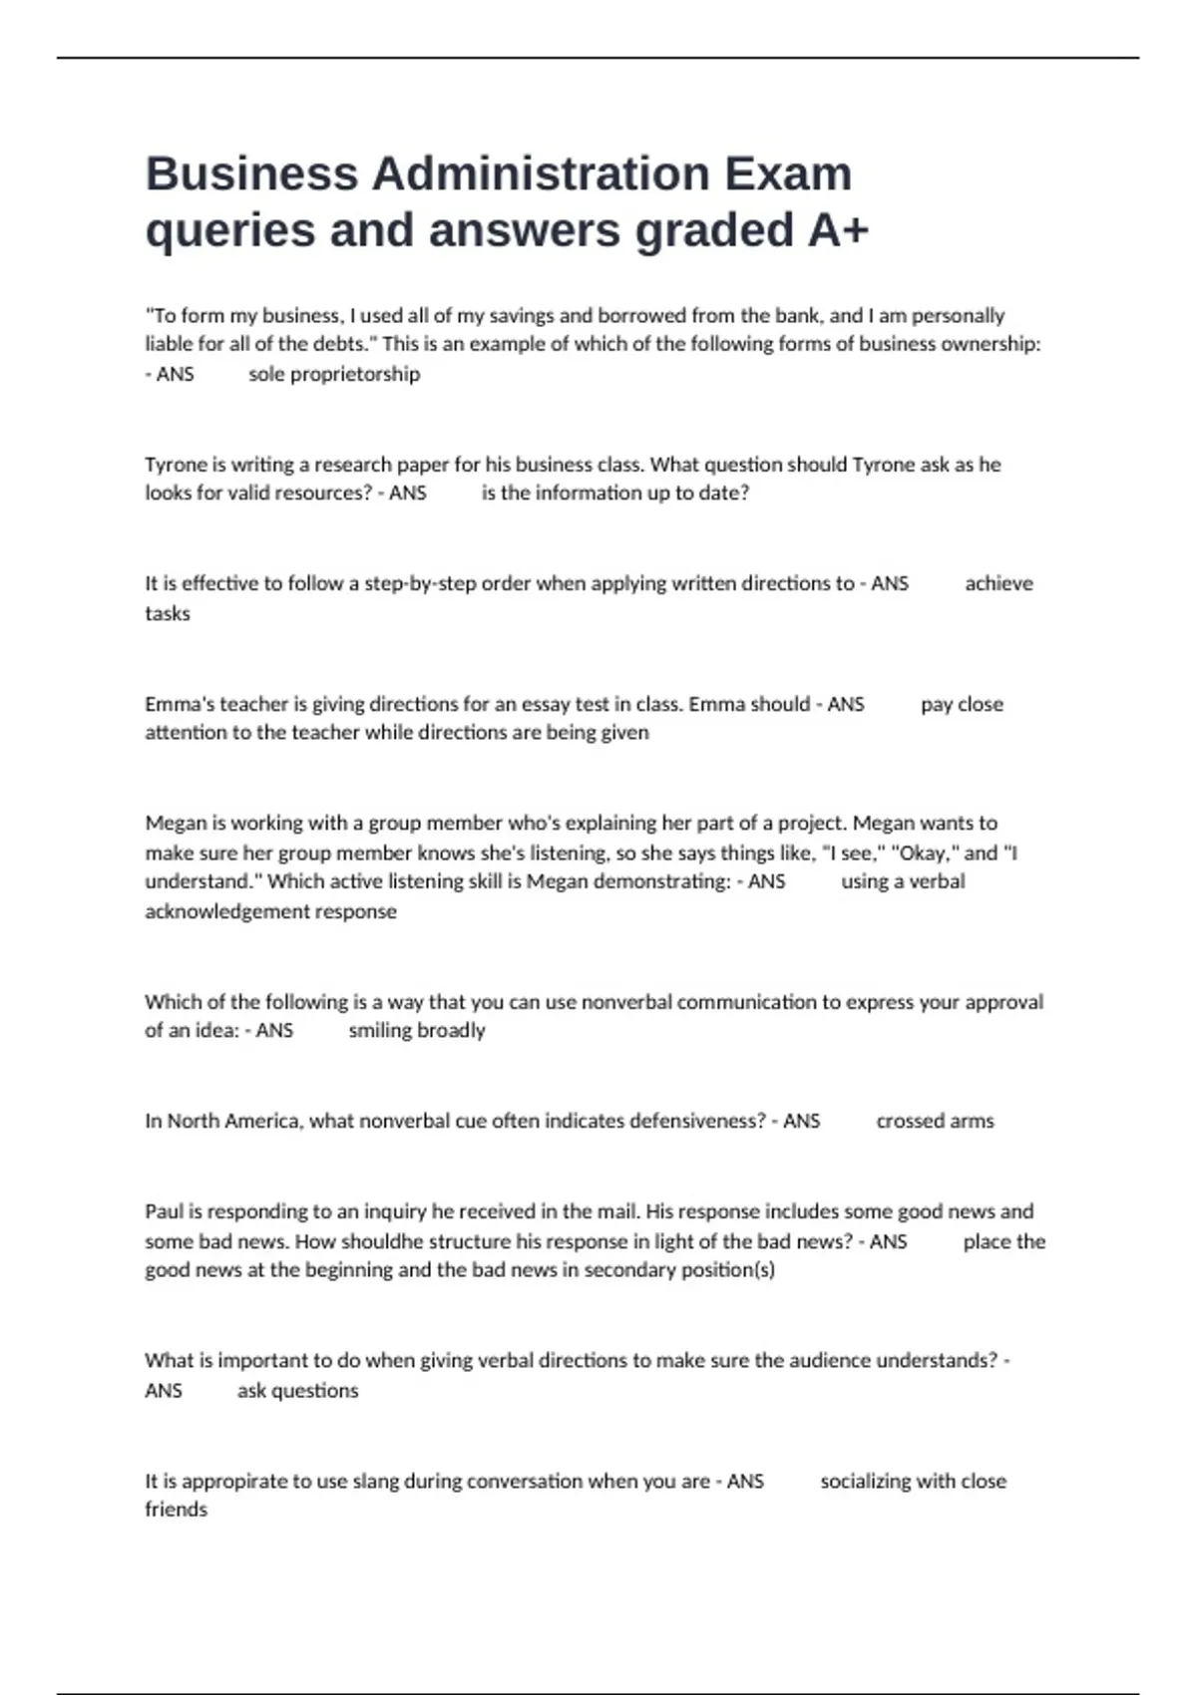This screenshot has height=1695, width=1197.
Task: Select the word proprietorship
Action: pyautogui.click(x=355, y=374)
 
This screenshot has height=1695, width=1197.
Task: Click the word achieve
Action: pyautogui.click(x=998, y=583)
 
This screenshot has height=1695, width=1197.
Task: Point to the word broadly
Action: pyautogui.click(x=451, y=1030)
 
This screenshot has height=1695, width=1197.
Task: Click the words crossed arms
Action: pyautogui.click(x=935, y=1121)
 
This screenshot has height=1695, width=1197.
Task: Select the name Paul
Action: pyautogui.click(x=164, y=1211)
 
